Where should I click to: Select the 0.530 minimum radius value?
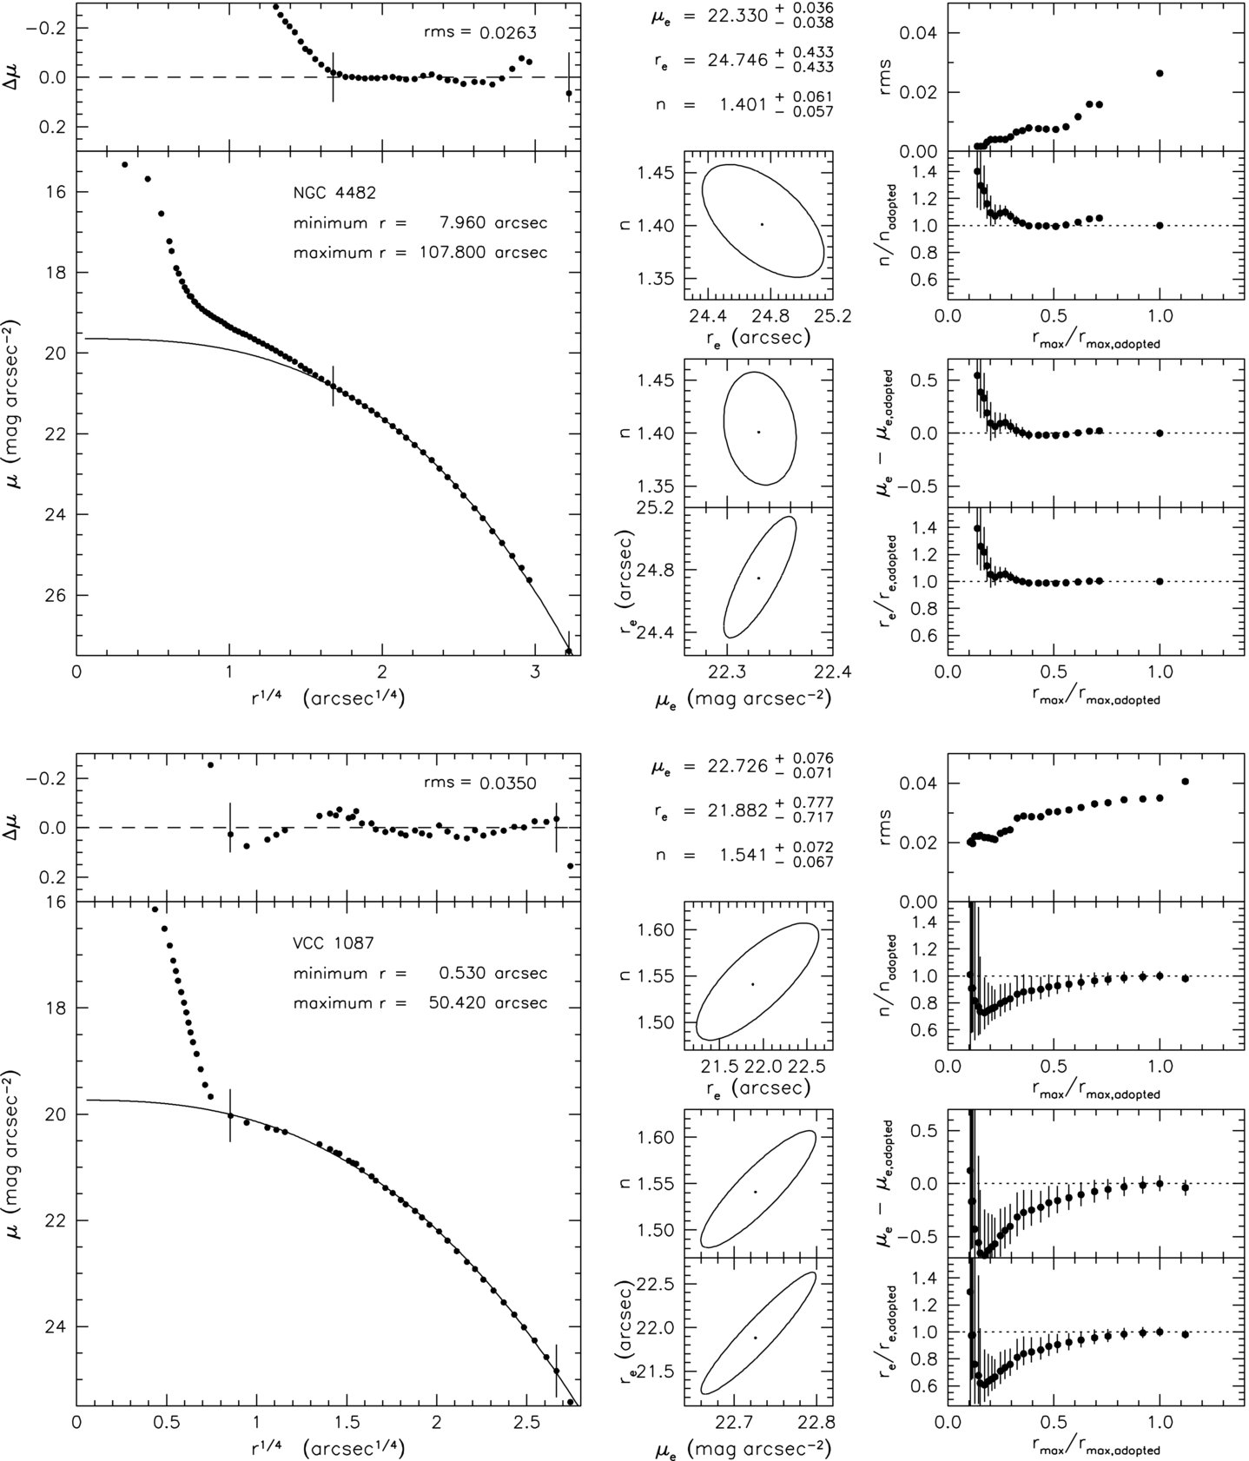coord(464,974)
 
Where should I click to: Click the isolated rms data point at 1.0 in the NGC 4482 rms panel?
coord(1160,73)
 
